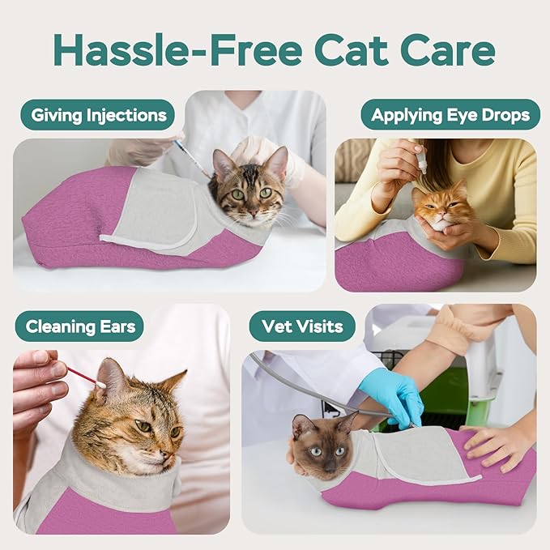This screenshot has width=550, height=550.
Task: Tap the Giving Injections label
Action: click(98, 114)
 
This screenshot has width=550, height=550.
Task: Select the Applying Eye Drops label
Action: click(450, 114)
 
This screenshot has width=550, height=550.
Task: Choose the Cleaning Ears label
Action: click(79, 326)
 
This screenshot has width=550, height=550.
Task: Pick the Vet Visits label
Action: click(302, 326)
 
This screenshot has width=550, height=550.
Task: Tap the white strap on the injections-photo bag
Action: click(146, 241)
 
